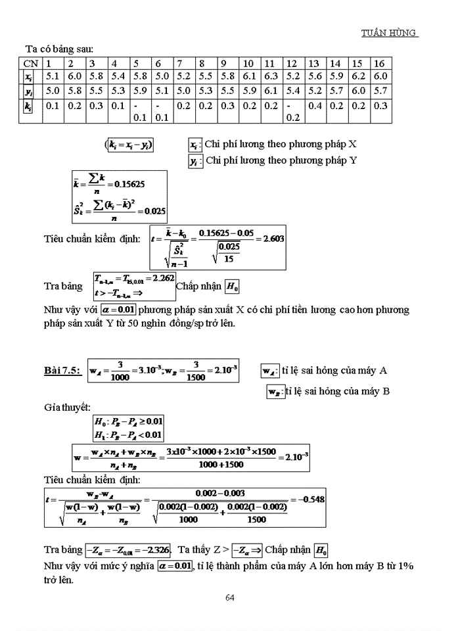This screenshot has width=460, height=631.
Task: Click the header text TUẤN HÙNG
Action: point(390,33)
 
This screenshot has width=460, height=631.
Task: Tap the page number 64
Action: point(230,597)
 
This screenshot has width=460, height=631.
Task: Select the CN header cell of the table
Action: point(30,64)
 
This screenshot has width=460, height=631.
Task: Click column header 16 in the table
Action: point(379,64)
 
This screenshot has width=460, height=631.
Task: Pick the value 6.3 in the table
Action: point(270,77)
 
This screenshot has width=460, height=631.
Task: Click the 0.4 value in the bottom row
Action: point(315,105)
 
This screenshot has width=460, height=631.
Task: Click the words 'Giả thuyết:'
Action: point(67,408)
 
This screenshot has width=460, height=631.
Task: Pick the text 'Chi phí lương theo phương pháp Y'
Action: point(281,160)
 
